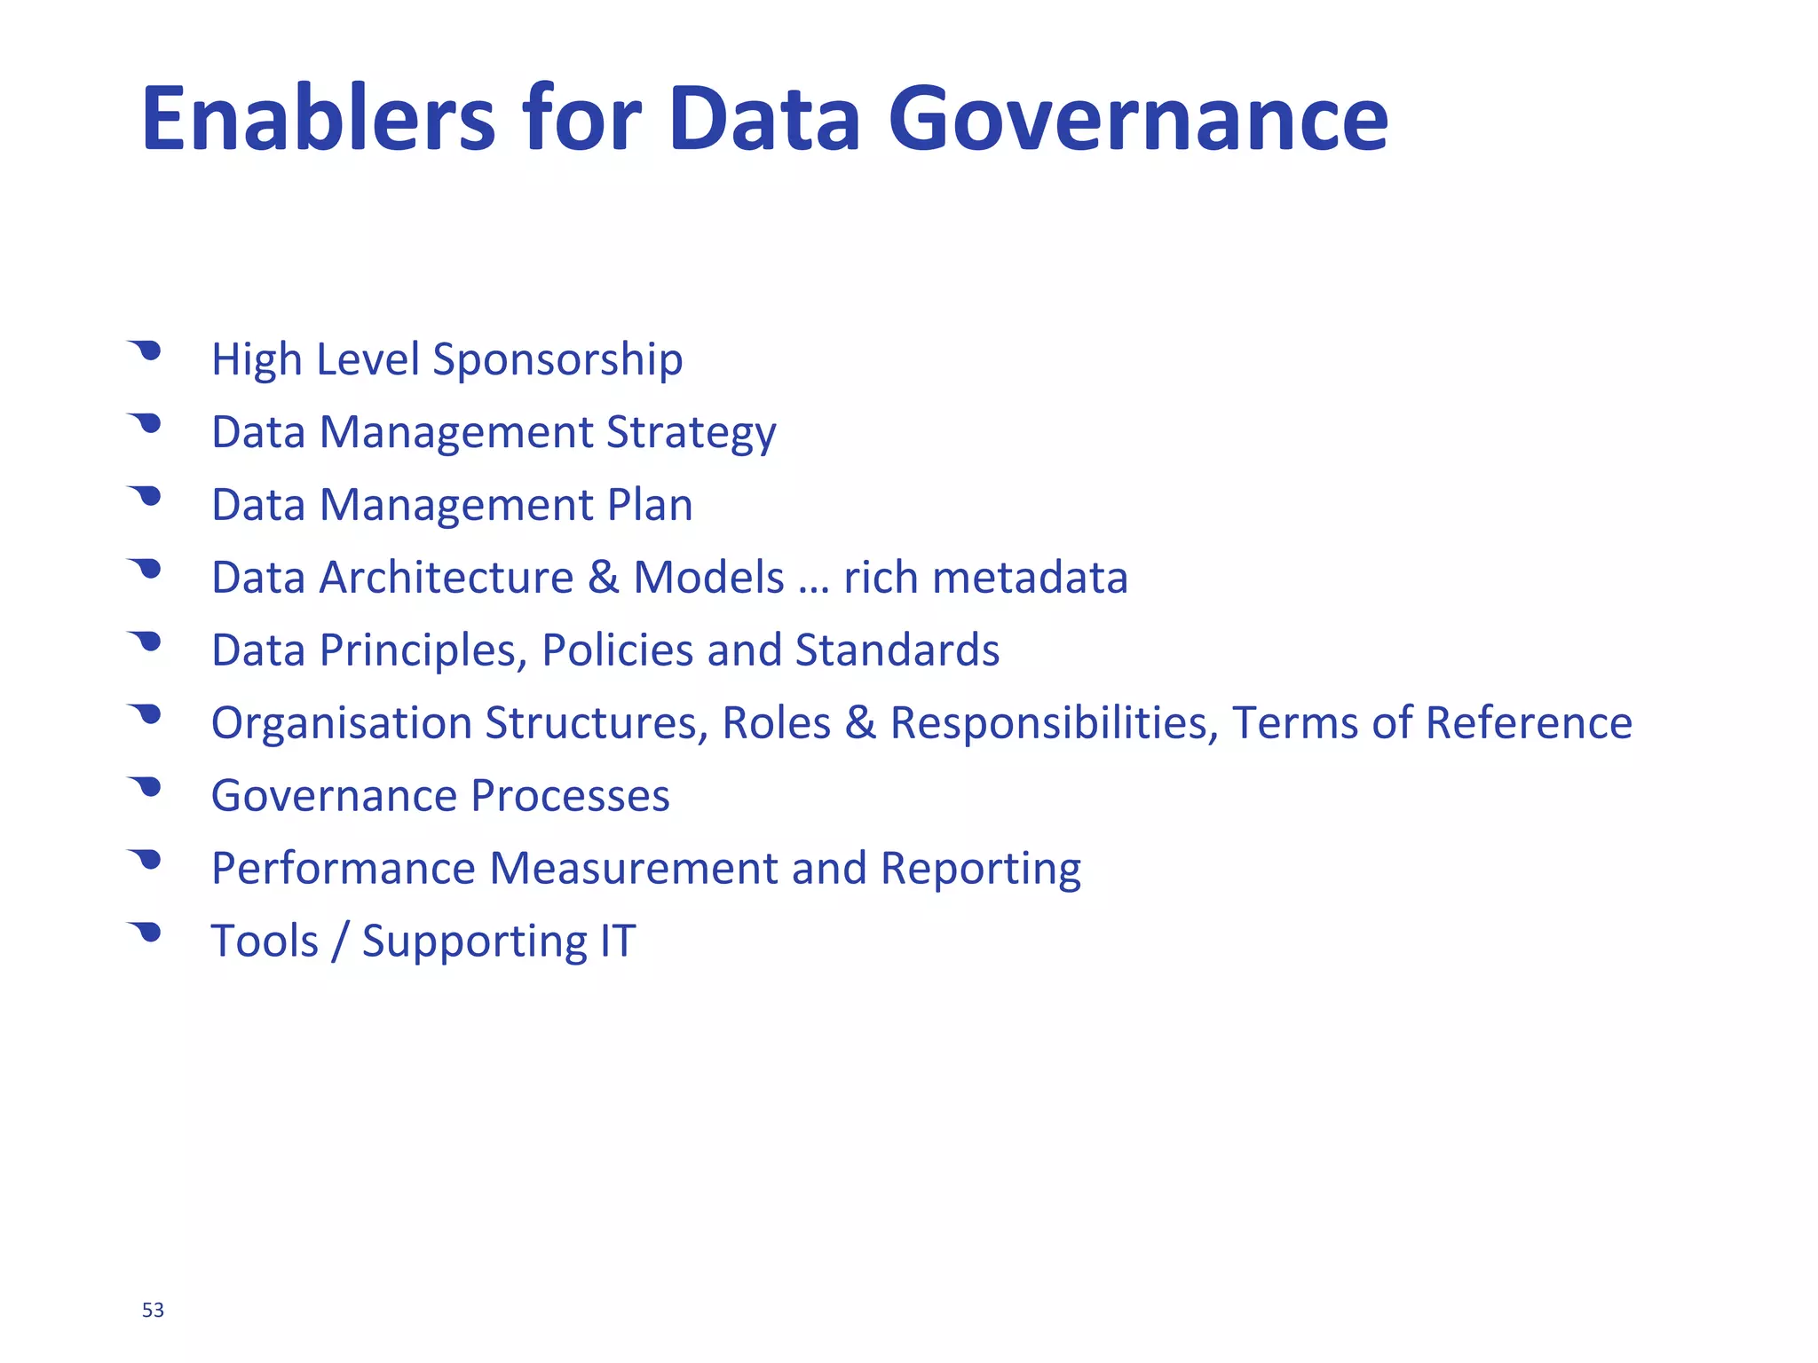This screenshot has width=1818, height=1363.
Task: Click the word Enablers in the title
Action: (318, 119)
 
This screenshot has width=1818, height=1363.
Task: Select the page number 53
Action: (153, 1310)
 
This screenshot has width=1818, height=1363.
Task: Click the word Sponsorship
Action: (557, 360)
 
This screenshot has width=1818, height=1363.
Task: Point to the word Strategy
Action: (691, 434)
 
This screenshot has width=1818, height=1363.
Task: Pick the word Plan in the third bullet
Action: (649, 505)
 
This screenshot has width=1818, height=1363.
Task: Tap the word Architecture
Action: (446, 578)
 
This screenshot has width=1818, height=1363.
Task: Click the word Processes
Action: (570, 796)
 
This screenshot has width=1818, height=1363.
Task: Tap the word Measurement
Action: (633, 869)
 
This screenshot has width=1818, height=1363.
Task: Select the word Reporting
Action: (980, 870)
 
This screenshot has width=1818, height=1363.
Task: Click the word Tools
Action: (265, 941)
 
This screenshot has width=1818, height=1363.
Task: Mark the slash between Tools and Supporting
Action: (339, 942)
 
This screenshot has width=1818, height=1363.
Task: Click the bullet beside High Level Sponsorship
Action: (146, 351)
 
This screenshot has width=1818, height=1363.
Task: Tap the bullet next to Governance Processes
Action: (146, 787)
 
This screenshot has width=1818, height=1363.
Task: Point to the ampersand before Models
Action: (603, 578)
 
